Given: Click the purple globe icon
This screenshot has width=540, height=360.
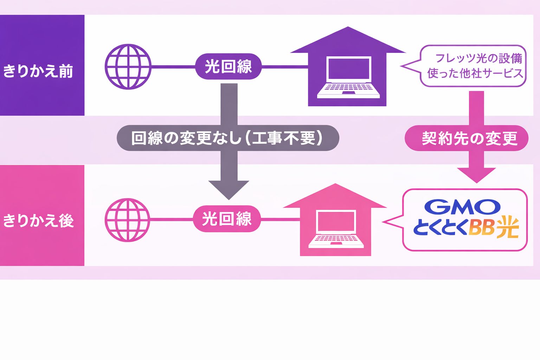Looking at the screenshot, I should point(128,66).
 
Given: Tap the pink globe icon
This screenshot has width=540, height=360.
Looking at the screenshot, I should point(128,220).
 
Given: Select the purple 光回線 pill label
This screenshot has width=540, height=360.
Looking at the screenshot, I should point(228,66).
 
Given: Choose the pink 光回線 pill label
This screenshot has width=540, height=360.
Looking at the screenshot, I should point(227,219).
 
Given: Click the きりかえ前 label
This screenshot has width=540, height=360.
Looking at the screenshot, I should point(38,71).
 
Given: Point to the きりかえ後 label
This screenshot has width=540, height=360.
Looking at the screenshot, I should point(38,221).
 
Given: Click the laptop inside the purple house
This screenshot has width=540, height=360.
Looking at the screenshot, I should point(348,77).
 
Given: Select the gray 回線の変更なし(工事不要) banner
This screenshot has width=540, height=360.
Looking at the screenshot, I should point(227,138).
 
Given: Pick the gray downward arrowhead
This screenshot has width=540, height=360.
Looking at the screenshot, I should point(229,190).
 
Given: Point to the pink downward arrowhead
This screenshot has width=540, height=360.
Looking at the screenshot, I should point(476,175).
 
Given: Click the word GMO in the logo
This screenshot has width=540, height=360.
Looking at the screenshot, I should point(462,207).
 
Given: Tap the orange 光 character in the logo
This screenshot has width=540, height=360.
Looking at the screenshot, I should point(508,227).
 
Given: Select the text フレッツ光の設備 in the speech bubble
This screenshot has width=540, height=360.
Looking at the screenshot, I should point(478,58).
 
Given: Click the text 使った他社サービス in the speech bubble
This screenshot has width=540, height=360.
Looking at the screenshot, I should point(475,73).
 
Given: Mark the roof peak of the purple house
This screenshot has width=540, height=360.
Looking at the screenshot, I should point(348,28).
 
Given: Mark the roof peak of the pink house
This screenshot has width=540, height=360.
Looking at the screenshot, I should point(335,185).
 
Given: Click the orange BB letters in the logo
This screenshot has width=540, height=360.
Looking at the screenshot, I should point(482,228).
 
